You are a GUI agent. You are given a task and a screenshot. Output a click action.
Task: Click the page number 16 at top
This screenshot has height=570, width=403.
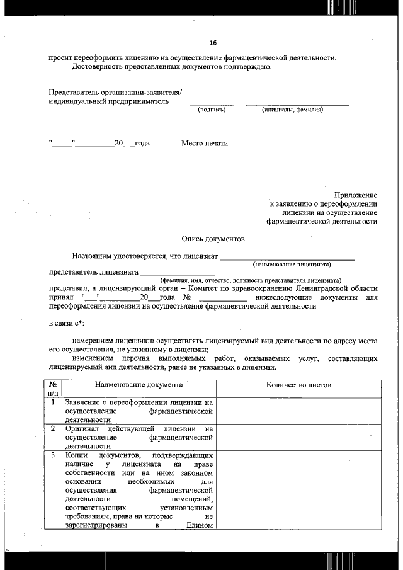(x=213, y=43)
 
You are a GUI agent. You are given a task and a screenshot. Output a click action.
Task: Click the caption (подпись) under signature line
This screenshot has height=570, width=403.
(x=212, y=110)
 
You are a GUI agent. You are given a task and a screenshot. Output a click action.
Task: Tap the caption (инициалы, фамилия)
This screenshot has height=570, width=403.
(x=293, y=110)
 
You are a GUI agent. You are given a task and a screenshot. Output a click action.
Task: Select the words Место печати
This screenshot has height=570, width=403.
(x=204, y=143)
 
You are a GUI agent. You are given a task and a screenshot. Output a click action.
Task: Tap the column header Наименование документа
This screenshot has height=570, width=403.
(x=139, y=384)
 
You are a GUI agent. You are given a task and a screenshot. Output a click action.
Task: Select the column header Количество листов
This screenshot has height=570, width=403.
(x=298, y=384)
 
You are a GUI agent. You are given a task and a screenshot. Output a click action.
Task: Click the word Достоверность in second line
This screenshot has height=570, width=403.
(x=98, y=66)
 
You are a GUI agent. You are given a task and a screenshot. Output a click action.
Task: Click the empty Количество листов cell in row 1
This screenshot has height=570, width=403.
(x=298, y=411)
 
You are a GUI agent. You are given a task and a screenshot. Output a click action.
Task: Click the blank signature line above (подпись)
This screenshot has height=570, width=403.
(x=212, y=103)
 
